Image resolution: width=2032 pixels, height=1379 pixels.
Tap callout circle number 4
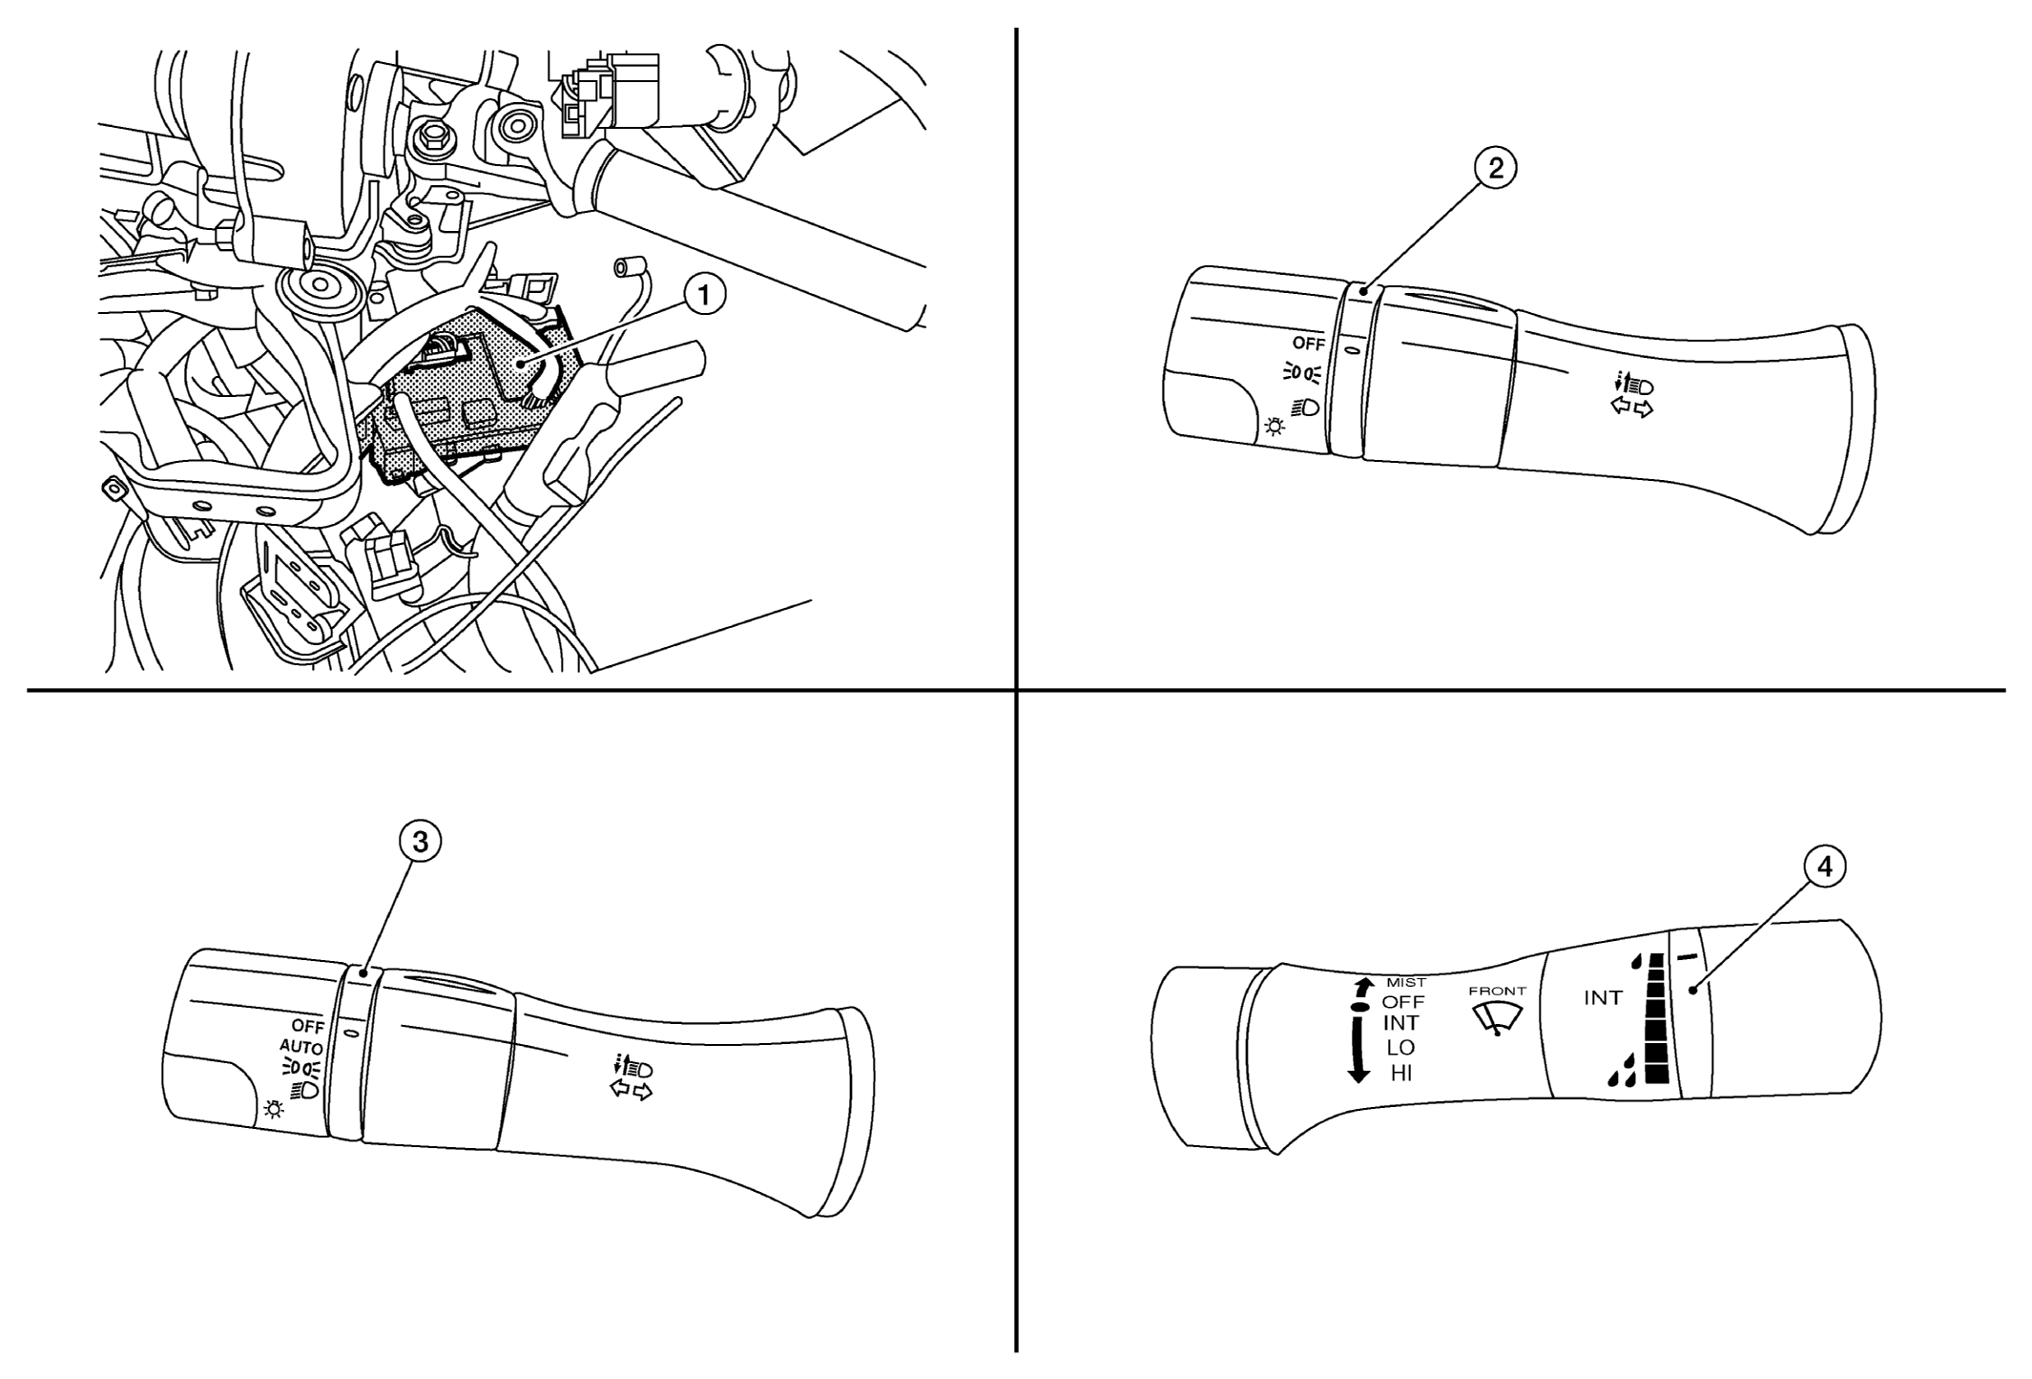[x=1823, y=867]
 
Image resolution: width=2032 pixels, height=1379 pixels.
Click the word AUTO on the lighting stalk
[x=301, y=1046]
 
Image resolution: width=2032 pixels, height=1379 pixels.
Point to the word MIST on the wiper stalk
[x=1406, y=983]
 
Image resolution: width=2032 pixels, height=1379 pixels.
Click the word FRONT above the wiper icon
[x=1498, y=992]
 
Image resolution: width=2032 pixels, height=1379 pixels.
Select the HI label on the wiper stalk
[x=1401, y=1074]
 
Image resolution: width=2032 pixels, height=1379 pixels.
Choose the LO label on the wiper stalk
[x=1401, y=1048]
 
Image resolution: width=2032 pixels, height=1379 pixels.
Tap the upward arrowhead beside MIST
[x=1360, y=984]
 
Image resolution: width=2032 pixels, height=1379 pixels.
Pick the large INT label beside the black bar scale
[x=1603, y=998]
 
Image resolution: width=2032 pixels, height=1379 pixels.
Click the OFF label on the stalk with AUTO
[x=308, y=1027]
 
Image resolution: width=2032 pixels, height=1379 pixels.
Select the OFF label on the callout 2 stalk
[x=1309, y=344]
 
